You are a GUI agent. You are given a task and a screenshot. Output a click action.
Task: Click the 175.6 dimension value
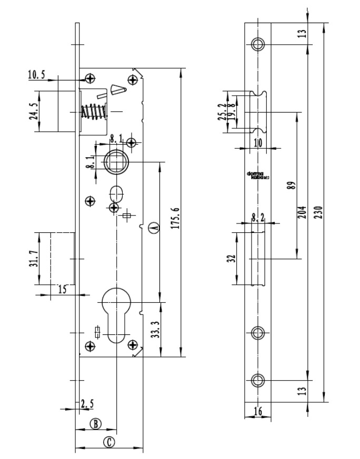176,218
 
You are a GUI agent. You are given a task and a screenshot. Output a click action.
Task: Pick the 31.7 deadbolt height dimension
33,259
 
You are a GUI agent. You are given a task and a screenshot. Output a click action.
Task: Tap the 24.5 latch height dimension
33,112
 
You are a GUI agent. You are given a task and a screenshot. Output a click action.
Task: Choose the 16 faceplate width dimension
257,411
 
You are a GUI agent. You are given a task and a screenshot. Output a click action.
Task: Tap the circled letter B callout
95,423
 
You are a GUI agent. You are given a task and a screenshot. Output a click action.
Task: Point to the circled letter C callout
109,442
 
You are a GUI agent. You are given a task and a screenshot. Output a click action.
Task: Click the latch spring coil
93,112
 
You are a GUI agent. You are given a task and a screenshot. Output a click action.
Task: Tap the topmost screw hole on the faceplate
257,44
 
